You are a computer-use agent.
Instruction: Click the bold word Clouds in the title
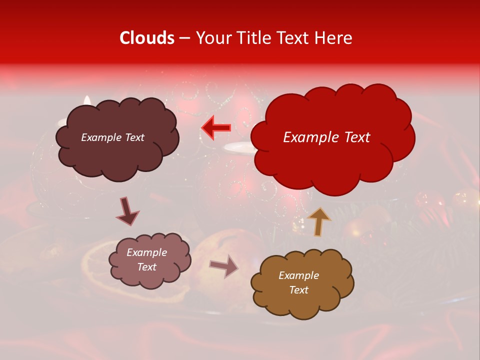click(x=147, y=38)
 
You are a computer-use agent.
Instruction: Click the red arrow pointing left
click(x=216, y=128)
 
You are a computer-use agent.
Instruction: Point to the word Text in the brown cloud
click(x=298, y=290)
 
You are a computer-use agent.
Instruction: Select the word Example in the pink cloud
click(x=146, y=253)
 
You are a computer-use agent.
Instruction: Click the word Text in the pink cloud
click(x=146, y=267)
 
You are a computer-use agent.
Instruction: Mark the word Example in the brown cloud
click(x=298, y=276)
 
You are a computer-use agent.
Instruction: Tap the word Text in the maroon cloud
click(x=134, y=137)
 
